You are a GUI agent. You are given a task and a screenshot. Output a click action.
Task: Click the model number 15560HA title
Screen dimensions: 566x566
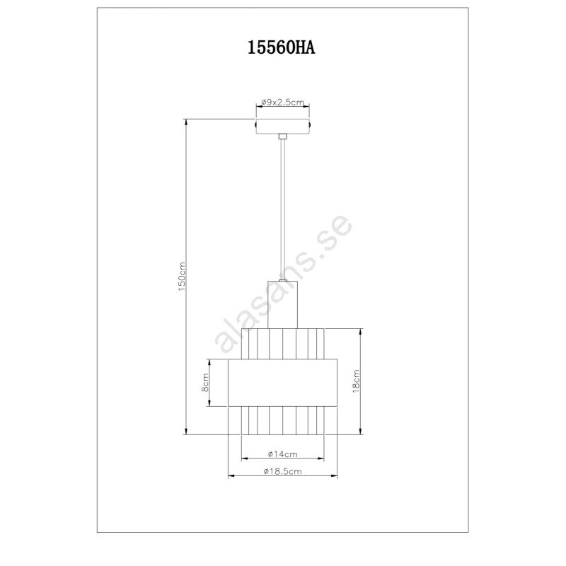[x=281, y=47]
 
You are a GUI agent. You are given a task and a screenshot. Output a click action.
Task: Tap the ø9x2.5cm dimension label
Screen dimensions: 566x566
[x=282, y=102]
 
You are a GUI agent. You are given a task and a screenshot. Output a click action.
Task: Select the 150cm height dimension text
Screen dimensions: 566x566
[x=182, y=277]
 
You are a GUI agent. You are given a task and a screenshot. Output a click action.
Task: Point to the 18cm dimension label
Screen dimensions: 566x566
[x=356, y=381]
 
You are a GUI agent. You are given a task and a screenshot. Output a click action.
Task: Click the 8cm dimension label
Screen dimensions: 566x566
[x=204, y=383]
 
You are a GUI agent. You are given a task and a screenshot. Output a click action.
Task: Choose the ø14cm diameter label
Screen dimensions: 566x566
[x=282, y=454]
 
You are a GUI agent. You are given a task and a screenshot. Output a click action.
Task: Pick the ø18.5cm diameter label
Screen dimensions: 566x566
[x=282, y=471]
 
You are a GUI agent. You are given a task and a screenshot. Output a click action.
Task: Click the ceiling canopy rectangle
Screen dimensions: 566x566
[x=282, y=126]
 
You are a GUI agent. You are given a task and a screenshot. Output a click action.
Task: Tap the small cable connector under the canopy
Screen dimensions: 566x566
[x=282, y=137]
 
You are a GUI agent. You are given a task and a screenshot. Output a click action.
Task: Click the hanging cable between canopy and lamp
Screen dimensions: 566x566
[x=282, y=209]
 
